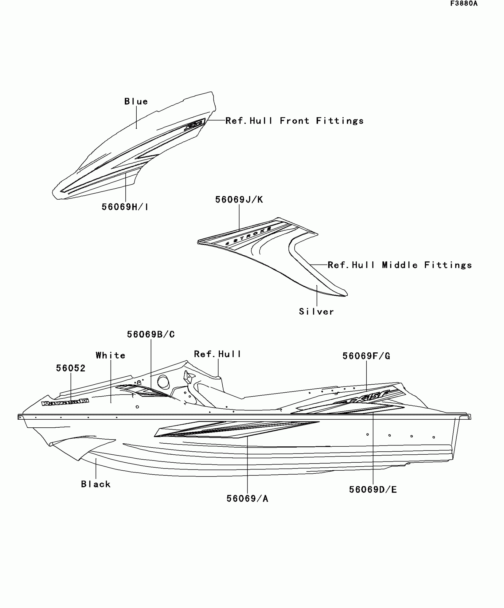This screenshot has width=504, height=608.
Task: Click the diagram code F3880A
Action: click(x=464, y=4)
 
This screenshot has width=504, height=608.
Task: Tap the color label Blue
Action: click(x=136, y=101)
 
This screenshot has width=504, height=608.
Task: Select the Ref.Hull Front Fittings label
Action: click(x=294, y=121)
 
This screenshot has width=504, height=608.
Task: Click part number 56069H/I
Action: click(x=125, y=207)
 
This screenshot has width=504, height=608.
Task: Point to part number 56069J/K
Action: click(x=239, y=200)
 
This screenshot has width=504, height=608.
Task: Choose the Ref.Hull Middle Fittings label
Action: click(x=400, y=265)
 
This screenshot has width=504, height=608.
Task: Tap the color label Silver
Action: click(x=316, y=311)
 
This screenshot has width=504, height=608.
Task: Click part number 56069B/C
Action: click(x=151, y=334)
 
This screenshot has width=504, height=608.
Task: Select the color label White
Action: click(x=111, y=355)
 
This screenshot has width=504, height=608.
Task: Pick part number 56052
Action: click(x=71, y=368)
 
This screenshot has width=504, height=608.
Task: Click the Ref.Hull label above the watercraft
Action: click(x=218, y=354)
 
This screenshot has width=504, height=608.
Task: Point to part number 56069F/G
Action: click(x=366, y=356)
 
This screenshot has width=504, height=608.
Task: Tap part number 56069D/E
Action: click(x=373, y=489)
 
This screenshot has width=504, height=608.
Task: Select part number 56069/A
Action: click(x=247, y=499)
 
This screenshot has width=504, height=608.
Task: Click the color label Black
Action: click(x=96, y=484)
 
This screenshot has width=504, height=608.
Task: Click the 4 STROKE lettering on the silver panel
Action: click(x=248, y=236)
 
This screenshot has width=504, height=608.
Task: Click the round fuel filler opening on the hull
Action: click(x=163, y=382)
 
